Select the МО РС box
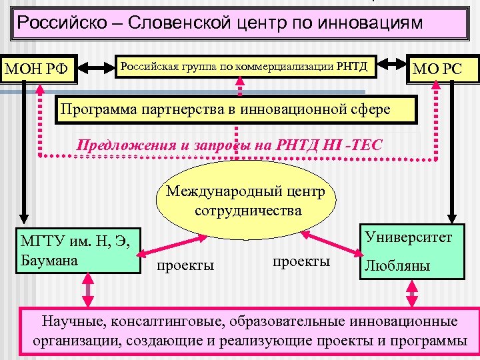[x=437, y=68]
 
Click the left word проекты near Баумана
[x=185, y=265]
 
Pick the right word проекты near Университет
[x=301, y=261]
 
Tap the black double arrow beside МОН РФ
[x=97, y=67]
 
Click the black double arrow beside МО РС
[x=393, y=67]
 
